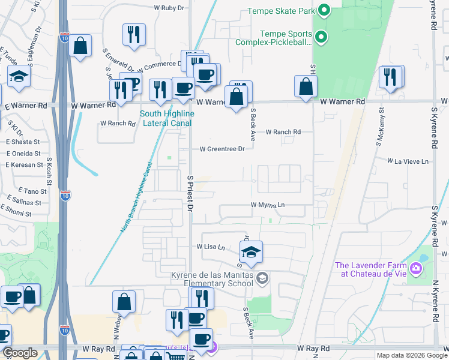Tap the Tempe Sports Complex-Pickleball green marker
[x=321, y=37]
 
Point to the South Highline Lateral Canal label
[x=166, y=118]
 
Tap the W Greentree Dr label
[x=222, y=149]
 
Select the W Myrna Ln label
[x=268, y=205]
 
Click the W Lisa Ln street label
[x=210, y=247]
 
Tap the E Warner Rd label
[x=25, y=105]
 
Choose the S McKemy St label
[x=381, y=127]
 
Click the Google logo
[x=20, y=353]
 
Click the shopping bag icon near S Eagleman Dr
[x=80, y=46]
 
